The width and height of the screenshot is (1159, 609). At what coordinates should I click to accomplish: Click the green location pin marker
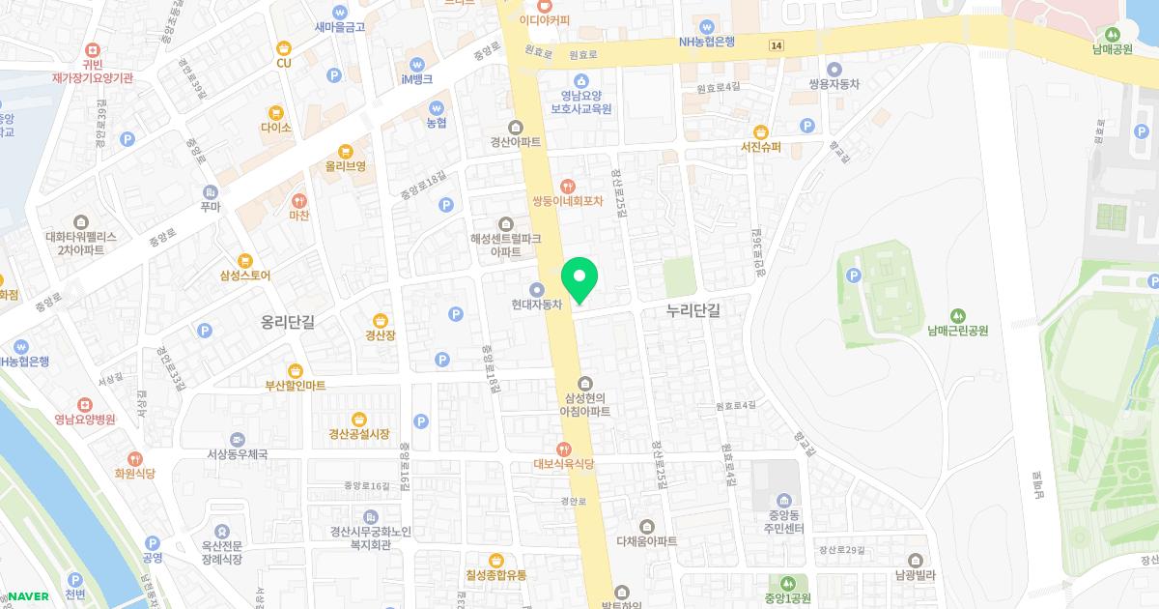tap(579, 279)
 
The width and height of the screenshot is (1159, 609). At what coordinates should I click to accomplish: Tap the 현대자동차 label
tap(537, 304)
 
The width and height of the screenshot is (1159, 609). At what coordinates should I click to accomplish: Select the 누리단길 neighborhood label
tap(693, 310)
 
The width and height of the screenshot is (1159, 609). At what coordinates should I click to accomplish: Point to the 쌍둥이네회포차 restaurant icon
tap(568, 185)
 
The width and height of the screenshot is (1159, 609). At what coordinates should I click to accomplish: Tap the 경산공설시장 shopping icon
tap(359, 419)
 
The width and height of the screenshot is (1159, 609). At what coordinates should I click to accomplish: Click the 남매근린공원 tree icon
tap(958, 314)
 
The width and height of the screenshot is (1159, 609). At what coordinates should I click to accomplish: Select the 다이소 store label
tap(275, 128)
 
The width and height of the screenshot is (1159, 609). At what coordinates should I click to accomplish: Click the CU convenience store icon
tap(283, 47)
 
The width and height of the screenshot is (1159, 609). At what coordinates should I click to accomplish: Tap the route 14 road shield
tap(777, 45)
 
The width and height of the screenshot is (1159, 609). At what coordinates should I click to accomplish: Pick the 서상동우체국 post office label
tap(237, 453)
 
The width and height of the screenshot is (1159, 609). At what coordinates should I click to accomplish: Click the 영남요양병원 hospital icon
tap(85, 403)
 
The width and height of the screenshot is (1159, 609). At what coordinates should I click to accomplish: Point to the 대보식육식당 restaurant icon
tap(563, 448)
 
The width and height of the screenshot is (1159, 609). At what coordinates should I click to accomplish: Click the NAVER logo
tap(27, 595)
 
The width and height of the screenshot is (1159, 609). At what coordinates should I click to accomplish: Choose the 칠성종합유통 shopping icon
tap(496, 560)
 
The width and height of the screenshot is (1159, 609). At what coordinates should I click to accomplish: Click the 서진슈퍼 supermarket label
tap(760, 148)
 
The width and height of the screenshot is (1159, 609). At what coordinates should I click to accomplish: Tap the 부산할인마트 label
tap(296, 386)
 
